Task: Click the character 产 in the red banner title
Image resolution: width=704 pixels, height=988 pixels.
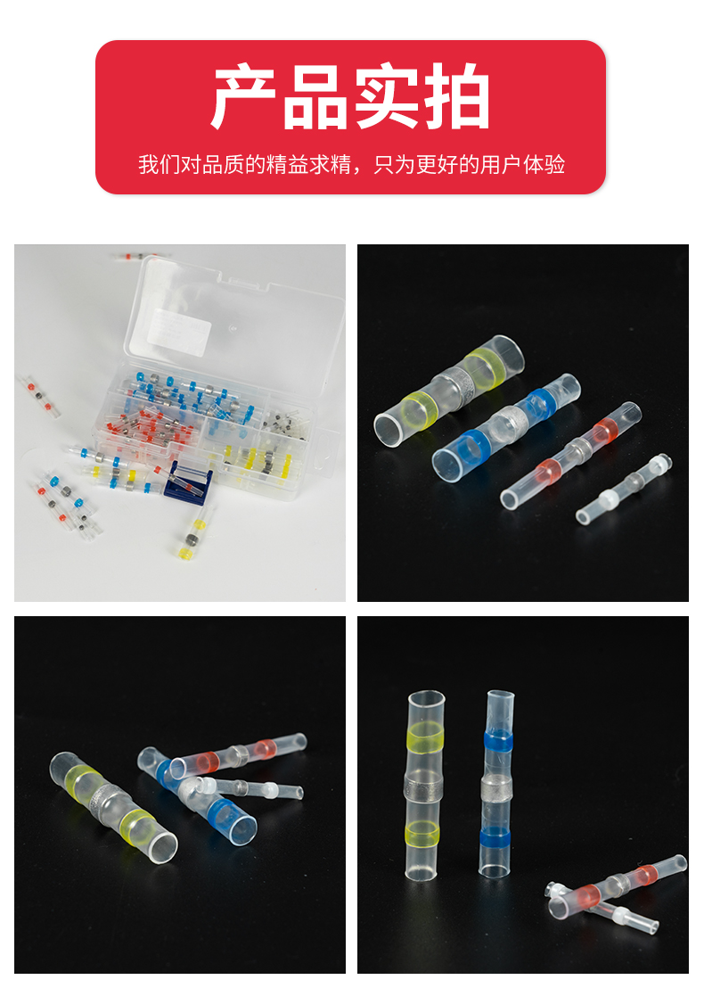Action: click(243, 97)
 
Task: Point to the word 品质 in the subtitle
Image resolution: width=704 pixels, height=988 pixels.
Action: click(214, 164)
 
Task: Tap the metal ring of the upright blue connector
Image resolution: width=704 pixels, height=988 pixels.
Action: click(497, 788)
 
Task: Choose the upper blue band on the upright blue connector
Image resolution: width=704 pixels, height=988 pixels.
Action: click(500, 739)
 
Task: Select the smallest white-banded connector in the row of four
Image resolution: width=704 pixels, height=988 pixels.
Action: click(625, 489)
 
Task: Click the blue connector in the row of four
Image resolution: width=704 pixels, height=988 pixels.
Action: click(506, 428)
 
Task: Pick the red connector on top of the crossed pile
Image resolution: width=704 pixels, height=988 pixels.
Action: click(238, 755)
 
